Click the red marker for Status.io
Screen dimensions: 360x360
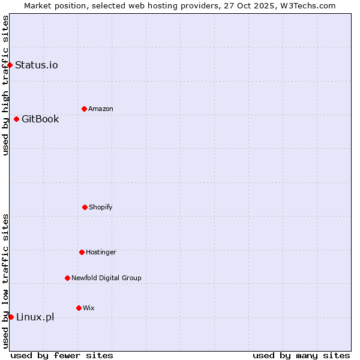pos(10,65)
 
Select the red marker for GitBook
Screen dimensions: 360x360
pos(16,119)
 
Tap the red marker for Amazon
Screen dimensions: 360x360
pos(84,109)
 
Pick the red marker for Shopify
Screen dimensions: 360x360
pos(85,207)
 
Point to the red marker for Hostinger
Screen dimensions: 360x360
pos(82,252)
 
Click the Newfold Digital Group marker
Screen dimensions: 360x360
pos(67,278)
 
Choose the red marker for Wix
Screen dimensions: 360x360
pos(79,308)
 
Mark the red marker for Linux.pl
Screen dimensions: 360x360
pos(11,317)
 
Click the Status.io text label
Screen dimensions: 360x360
pos(37,65)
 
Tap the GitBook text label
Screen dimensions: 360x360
pos(40,119)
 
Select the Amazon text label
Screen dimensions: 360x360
pos(101,109)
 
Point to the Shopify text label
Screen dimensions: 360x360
pos(101,207)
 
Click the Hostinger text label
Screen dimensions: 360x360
pos(101,252)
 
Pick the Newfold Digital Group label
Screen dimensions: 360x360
pos(106,278)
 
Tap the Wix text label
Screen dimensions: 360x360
pos(89,308)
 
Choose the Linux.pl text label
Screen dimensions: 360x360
pos(35,317)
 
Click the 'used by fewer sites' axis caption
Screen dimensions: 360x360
pos(62,355)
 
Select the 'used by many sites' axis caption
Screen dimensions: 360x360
pos(301,355)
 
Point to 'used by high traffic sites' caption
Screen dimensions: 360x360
pos(5,85)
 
